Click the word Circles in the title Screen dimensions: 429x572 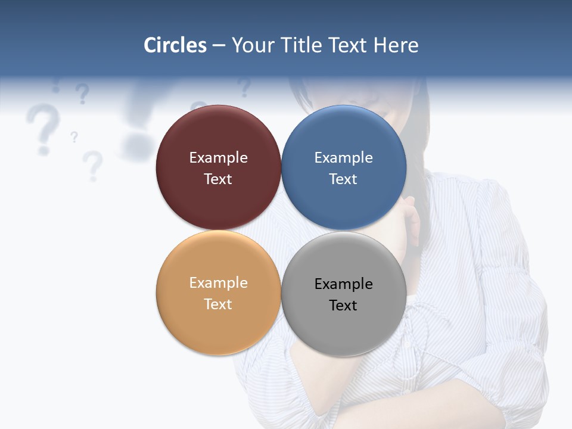175,45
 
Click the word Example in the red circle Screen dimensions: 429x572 218,158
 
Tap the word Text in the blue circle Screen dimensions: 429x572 343,179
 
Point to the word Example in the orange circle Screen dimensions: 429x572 218,283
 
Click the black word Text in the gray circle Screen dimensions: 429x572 343,306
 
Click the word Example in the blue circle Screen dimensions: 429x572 343,158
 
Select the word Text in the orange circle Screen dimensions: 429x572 218,304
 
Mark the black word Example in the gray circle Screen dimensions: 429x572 343,284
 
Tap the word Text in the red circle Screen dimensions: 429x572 218,179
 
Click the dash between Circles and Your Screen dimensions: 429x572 219,46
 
